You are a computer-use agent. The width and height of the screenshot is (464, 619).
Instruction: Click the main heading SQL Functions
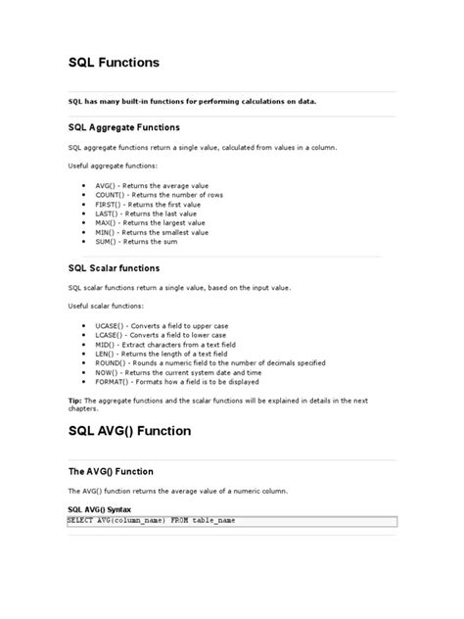point(113,62)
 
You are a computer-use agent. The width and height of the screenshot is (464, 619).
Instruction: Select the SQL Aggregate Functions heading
point(123,127)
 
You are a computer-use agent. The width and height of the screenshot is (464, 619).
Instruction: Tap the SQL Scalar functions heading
point(114,267)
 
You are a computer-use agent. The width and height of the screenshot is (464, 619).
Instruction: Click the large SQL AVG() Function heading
point(143,430)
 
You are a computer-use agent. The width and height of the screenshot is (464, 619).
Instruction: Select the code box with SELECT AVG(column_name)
point(231,521)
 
